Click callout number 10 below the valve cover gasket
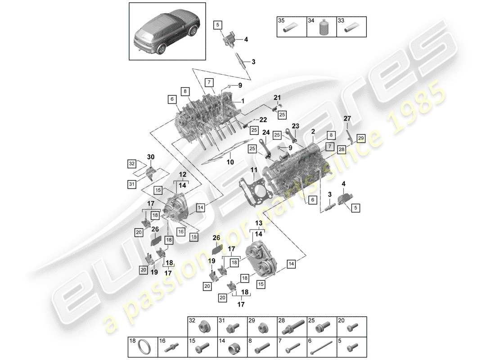pos(229,162)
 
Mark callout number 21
pos(277,97)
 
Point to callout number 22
pos(263,119)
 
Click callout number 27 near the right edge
pos(347,118)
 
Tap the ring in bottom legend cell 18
pos(143,349)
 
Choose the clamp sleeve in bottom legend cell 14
pos(232,349)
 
